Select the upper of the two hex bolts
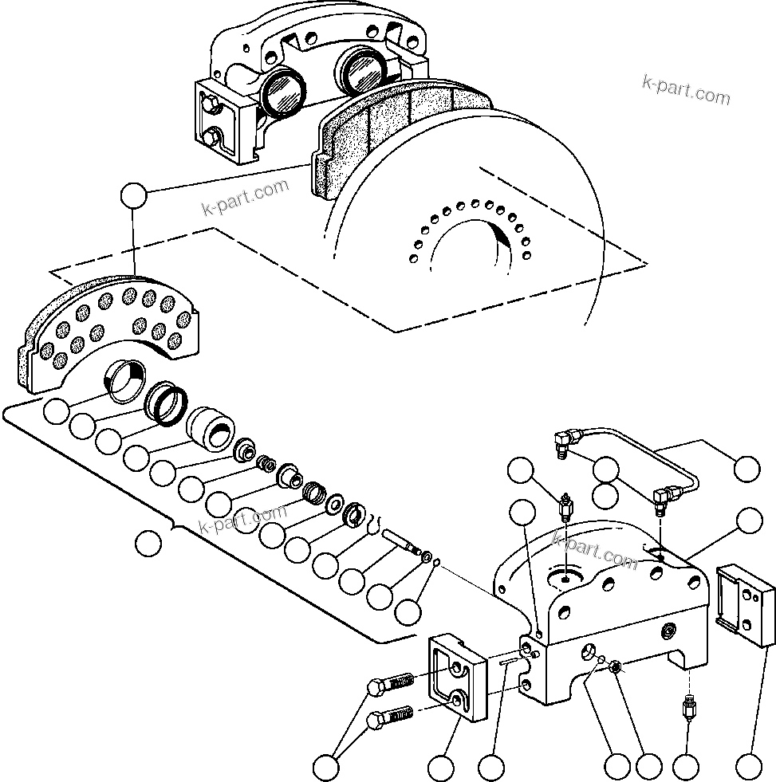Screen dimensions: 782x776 coord(391,684)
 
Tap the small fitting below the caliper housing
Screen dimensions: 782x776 coord(688,705)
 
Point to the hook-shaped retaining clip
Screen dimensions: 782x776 coord(373,524)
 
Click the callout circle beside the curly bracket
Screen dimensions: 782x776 coord(148,544)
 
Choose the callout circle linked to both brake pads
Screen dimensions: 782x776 coord(133,195)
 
